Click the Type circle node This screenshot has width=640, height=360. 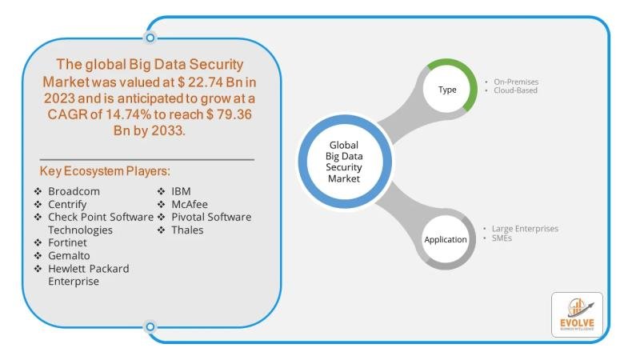[x=447, y=90]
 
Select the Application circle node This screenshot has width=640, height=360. [x=446, y=238]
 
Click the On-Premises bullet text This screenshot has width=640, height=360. [x=517, y=82]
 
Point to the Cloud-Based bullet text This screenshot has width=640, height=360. [x=516, y=91]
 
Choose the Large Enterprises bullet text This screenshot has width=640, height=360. [x=526, y=229]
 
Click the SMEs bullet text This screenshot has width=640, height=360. [x=503, y=238]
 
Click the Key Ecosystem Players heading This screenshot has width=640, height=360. [x=105, y=172]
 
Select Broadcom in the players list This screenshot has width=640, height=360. [x=74, y=192]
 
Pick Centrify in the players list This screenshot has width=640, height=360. [x=70, y=205]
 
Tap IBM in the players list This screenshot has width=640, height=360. [x=181, y=192]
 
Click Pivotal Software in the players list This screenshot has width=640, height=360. [x=210, y=218]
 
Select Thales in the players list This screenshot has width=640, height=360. [x=186, y=230]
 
